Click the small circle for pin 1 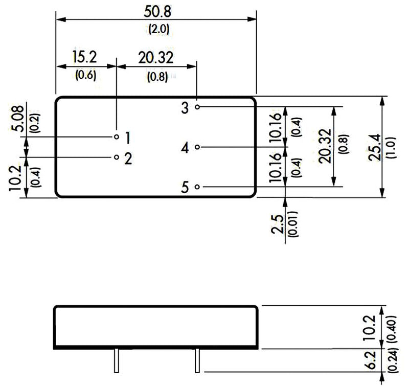[117, 137]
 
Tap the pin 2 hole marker [117, 157]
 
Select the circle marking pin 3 [197, 107]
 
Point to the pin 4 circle [197, 147]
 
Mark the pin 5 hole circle [197, 187]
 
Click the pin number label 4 [185, 148]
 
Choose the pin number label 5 [185, 188]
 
